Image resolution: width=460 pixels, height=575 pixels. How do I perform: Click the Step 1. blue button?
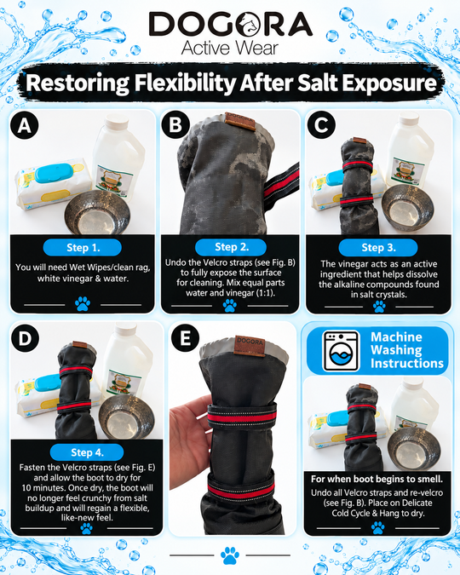pyautogui.click(x=83, y=248)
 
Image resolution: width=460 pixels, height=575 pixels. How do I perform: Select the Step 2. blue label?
pyautogui.click(x=231, y=247)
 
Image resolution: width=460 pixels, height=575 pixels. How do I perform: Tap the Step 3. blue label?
pyautogui.click(x=378, y=248)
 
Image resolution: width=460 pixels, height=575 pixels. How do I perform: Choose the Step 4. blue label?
pyautogui.click(x=87, y=452)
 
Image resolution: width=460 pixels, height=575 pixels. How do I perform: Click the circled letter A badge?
pyautogui.click(x=25, y=125)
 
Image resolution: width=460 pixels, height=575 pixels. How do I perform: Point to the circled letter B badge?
pyautogui.click(x=175, y=124)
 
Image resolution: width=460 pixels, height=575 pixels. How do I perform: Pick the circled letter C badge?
pyautogui.click(x=321, y=124)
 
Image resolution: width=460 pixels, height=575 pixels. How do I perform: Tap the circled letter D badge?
pyautogui.click(x=25, y=338)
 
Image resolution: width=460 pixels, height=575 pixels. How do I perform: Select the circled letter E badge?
pyautogui.click(x=185, y=338)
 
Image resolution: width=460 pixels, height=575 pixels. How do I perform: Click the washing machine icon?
pyautogui.click(x=341, y=351)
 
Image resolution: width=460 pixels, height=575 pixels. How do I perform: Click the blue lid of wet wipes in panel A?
pyautogui.click(x=55, y=173)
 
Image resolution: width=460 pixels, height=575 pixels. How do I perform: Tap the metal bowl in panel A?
pyautogui.click(x=97, y=213)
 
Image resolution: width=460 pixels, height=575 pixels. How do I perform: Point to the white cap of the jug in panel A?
pyautogui.click(x=117, y=123)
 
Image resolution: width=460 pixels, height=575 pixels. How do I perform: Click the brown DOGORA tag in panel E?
pyautogui.click(x=250, y=346)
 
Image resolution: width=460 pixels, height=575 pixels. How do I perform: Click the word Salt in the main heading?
pyautogui.click(x=317, y=83)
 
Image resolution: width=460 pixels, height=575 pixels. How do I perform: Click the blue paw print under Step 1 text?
pyautogui.click(x=83, y=304)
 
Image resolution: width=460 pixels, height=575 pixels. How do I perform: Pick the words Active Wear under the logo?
pyautogui.click(x=230, y=48)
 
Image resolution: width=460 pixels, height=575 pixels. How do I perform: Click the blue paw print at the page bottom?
pyautogui.click(x=230, y=555)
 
